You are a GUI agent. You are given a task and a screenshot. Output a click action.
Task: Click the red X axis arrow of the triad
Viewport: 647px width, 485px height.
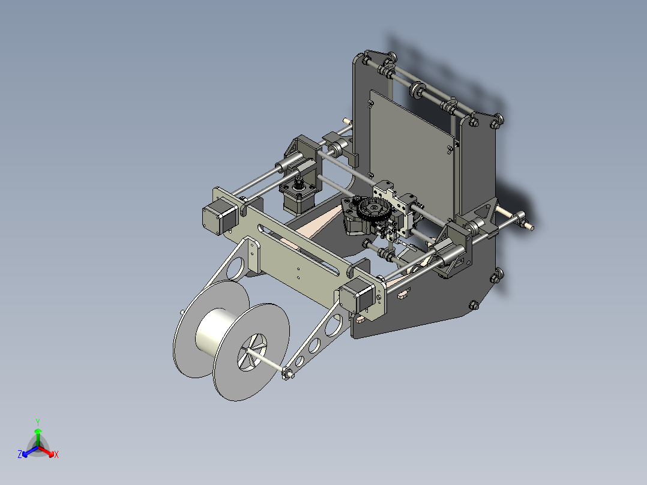(51, 452)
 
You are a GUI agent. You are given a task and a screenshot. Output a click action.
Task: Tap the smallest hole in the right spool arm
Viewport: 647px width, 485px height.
(298, 360)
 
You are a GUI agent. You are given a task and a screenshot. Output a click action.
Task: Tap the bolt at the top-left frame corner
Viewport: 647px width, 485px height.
(365, 59)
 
